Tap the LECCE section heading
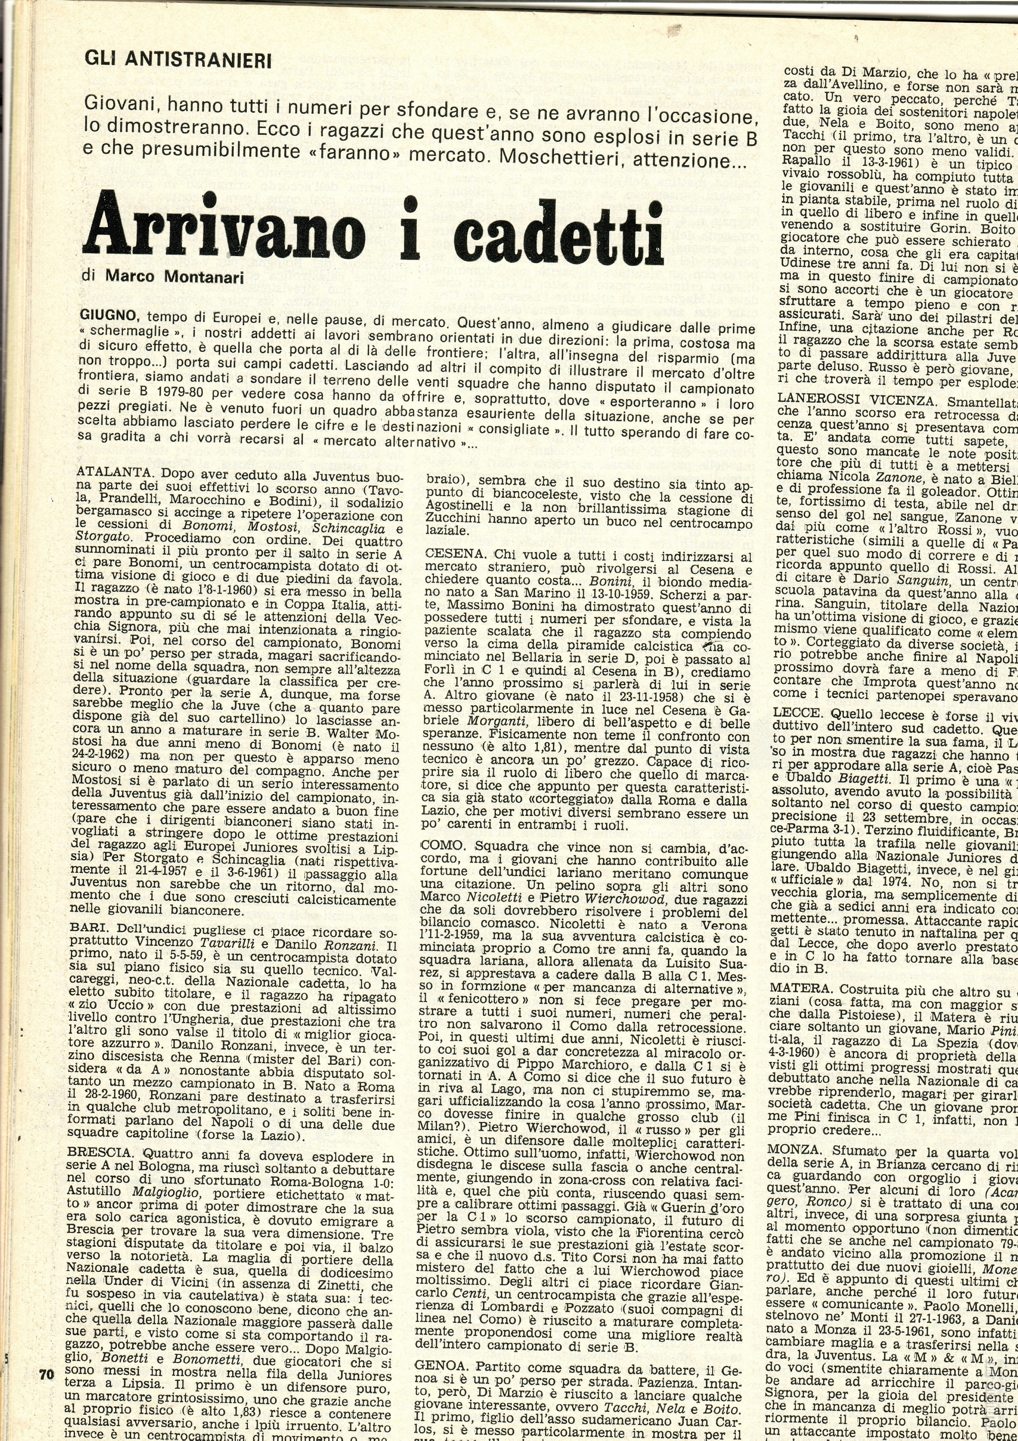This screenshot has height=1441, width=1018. click(x=796, y=714)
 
